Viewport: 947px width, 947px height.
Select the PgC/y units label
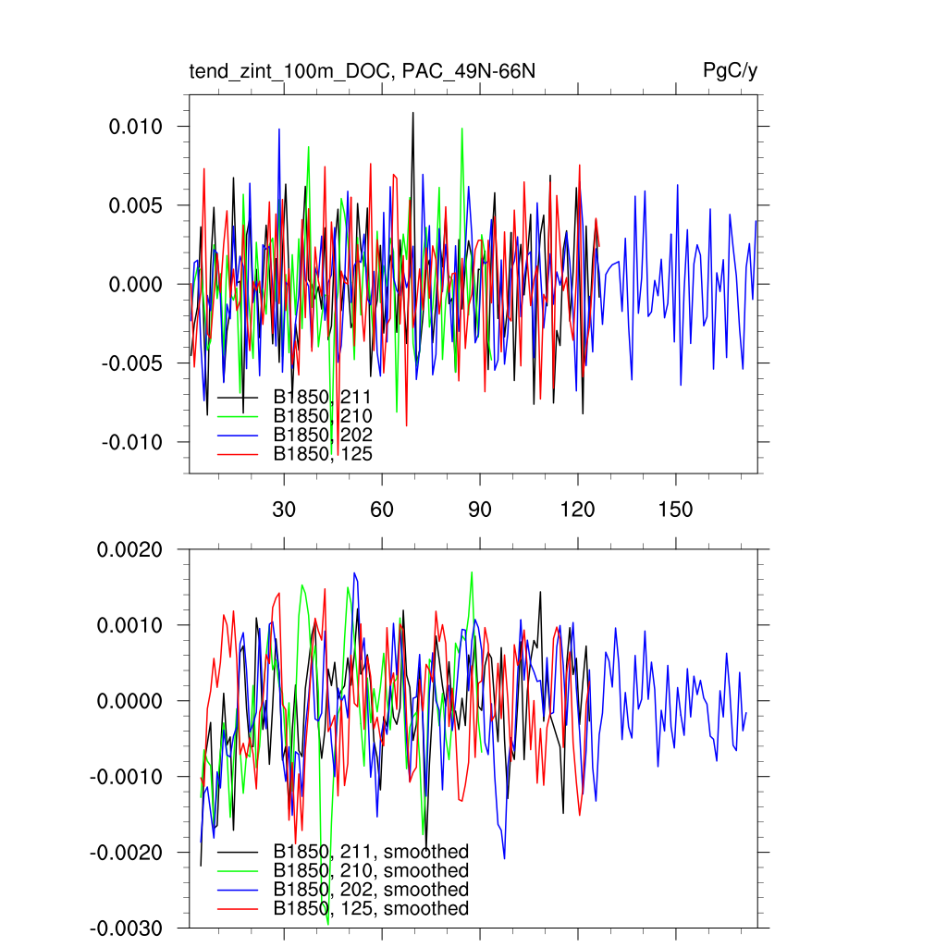pos(731,71)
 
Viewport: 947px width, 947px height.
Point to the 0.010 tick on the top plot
pos(136,127)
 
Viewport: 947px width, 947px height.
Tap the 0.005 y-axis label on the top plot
pos(136,205)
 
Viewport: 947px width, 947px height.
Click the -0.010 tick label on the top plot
pos(133,442)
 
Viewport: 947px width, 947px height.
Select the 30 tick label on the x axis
pos(283,510)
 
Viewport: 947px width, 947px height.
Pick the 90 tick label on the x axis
pos(480,510)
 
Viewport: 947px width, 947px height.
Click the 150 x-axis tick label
pos(676,510)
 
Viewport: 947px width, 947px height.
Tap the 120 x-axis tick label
pos(578,510)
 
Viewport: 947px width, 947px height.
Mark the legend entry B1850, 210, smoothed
pos(371,871)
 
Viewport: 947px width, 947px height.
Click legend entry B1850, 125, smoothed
pos(371,908)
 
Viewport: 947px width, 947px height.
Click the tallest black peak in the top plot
pos(412,113)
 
